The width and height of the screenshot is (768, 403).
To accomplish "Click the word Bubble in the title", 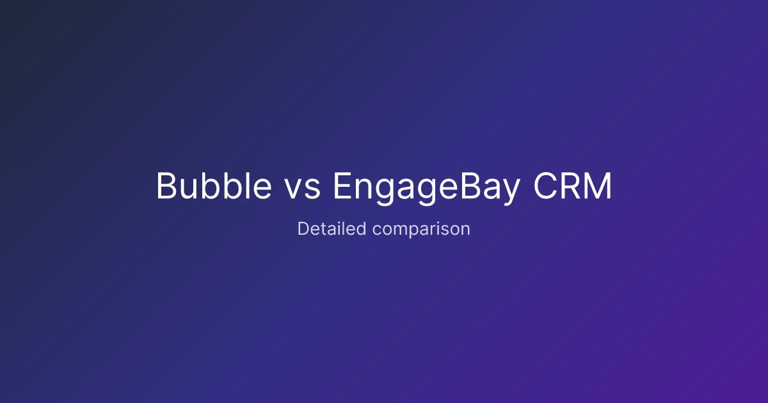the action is pyautogui.click(x=214, y=186).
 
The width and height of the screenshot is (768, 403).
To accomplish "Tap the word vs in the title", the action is pyautogui.click(x=303, y=189).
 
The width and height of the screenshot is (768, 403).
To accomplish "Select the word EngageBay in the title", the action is pyautogui.click(x=427, y=188).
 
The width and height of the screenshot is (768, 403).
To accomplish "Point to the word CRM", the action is pyautogui.click(x=573, y=186).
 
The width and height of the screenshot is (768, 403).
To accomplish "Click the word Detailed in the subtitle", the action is pyautogui.click(x=332, y=228).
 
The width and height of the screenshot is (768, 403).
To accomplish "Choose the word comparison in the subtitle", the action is pyautogui.click(x=421, y=230).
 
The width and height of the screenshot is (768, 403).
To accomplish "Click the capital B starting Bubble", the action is pyautogui.click(x=167, y=186).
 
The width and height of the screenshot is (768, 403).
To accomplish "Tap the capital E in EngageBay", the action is pyautogui.click(x=343, y=186).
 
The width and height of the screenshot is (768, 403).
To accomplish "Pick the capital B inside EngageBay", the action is pyautogui.click(x=471, y=186).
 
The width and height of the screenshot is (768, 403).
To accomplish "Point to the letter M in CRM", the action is pyautogui.click(x=599, y=186).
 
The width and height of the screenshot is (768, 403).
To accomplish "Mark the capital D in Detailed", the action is pyautogui.click(x=303, y=228).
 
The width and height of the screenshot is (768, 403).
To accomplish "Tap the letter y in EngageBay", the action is pyautogui.click(x=511, y=193).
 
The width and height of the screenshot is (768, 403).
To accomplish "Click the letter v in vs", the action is pyautogui.click(x=294, y=189).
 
